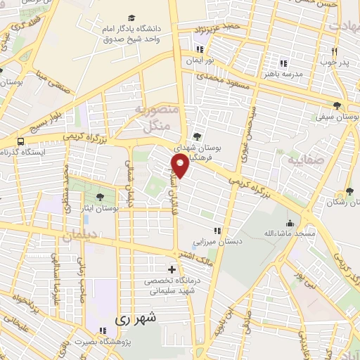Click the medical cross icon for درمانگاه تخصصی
[x=172, y=269]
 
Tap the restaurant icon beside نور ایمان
[x=201, y=49]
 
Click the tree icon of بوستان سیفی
[x=338, y=106]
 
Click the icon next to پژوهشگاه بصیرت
[x=103, y=330]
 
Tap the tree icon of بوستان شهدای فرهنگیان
[x=196, y=138]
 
